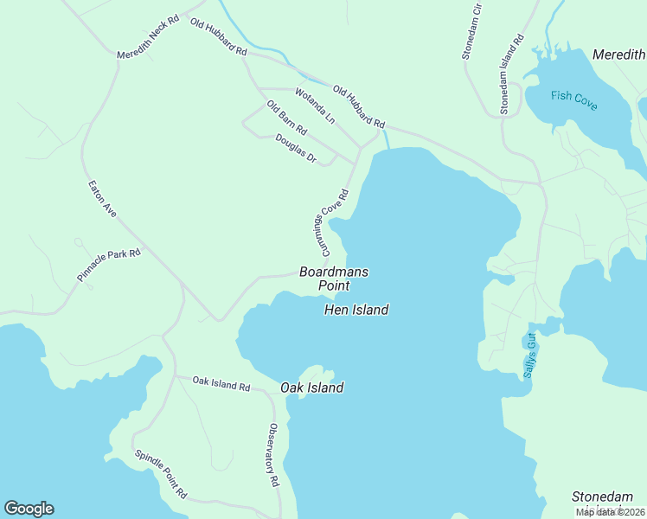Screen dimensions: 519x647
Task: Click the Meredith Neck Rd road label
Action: point(148,39)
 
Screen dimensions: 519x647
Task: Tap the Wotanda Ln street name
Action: point(314,105)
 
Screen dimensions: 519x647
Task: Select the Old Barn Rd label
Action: point(286,119)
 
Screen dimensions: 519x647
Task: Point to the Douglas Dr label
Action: point(297,148)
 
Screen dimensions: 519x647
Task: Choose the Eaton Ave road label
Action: point(102,198)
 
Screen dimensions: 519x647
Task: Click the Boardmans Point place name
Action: point(334,278)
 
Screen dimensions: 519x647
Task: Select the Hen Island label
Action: point(356,309)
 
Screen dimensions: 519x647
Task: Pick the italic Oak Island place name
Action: point(312,388)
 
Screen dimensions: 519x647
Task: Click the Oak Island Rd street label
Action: point(221,382)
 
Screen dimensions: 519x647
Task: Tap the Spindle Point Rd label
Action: point(161,474)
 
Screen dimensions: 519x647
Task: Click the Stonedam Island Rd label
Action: point(511,74)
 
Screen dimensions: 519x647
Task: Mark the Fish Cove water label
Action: point(574,99)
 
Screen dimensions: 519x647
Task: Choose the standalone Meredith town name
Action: point(618,54)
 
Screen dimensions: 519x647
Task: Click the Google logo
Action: point(29,509)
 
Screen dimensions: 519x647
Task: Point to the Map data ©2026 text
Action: point(610,512)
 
